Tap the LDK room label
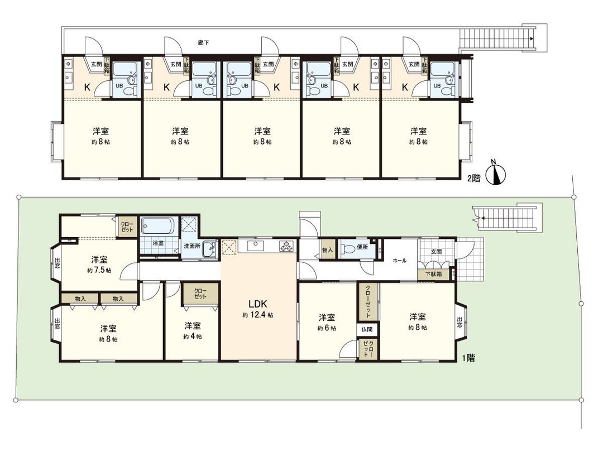point(259,304)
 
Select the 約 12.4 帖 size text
point(258,315)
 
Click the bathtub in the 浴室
point(158,227)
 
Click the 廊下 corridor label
point(204,42)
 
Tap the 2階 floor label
point(474,179)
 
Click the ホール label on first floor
point(399,260)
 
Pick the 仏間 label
point(366,330)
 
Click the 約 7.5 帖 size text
point(99,270)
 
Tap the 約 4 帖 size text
point(193,336)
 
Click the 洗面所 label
point(193,245)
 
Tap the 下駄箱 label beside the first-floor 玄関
point(433,274)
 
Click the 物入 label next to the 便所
point(328,250)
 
